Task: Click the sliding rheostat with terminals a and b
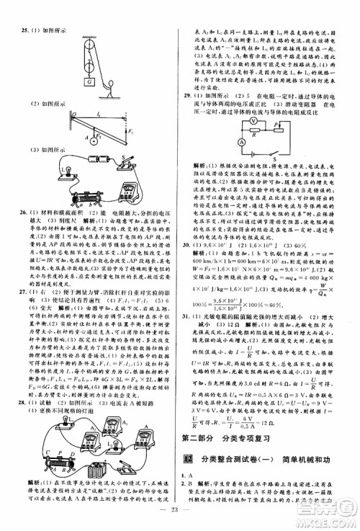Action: point(69,197)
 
